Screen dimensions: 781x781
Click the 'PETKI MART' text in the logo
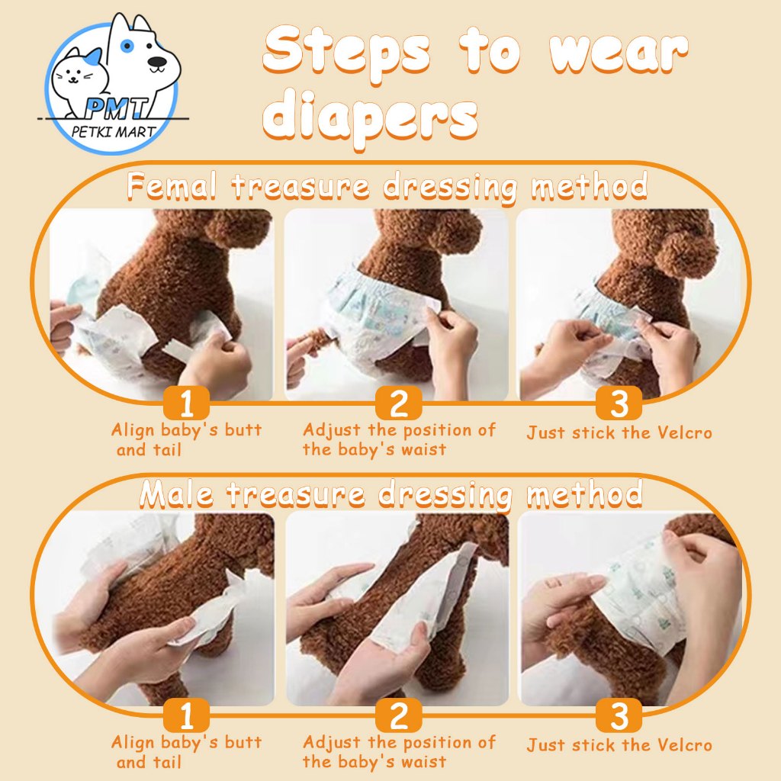(x=114, y=132)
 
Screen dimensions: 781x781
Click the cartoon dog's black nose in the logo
(x=157, y=62)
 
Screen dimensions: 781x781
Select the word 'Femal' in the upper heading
(x=172, y=185)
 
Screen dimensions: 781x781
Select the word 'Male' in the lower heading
(x=176, y=494)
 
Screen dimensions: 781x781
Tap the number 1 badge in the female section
(x=186, y=403)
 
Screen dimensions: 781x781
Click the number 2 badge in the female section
(x=398, y=403)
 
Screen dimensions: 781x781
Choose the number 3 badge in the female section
(x=619, y=403)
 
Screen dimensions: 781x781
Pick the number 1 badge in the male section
(x=186, y=715)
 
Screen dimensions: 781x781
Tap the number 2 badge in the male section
(x=398, y=715)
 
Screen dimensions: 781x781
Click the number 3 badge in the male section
(x=619, y=715)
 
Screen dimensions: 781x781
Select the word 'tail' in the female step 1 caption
(x=167, y=450)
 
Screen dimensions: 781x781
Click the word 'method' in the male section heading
(x=585, y=494)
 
